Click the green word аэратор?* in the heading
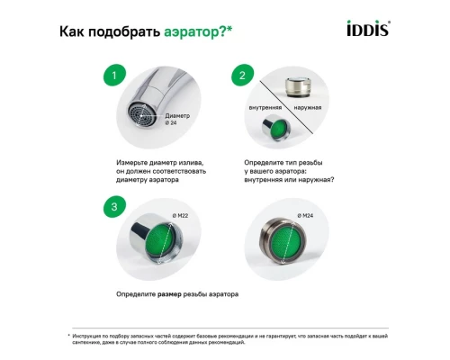[197, 33]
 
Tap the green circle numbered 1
[112, 75]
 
